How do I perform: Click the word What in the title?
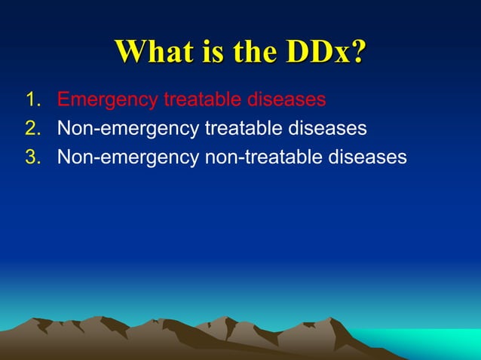click(x=152, y=52)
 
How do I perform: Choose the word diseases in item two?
click(x=330, y=128)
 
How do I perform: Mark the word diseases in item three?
click(x=370, y=157)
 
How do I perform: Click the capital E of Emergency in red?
click(x=64, y=99)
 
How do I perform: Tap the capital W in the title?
click(x=130, y=52)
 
